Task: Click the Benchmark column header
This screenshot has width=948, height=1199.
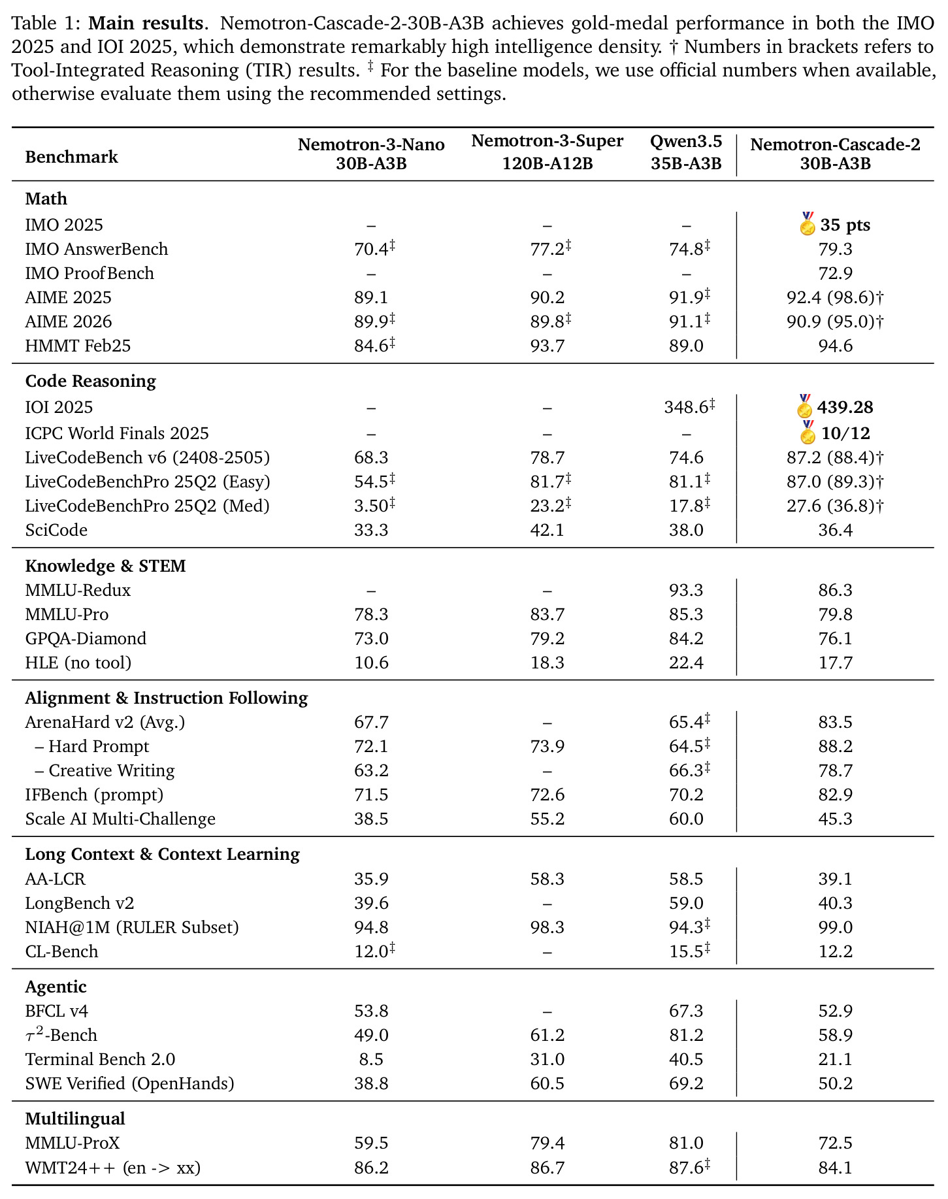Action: click(x=71, y=157)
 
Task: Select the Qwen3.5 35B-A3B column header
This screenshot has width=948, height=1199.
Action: click(x=686, y=152)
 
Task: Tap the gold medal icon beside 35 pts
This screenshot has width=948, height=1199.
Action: click(x=808, y=223)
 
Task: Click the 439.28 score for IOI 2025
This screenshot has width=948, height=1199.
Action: click(x=845, y=407)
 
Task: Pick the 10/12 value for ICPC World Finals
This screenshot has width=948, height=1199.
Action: click(x=845, y=433)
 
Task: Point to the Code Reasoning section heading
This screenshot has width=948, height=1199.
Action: click(x=90, y=381)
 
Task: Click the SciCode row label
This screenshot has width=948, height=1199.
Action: click(x=56, y=530)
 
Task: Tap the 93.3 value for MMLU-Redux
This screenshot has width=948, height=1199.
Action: click(x=686, y=590)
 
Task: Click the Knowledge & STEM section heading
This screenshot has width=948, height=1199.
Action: click(x=105, y=566)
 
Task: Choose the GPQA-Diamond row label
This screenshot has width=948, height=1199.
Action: click(x=86, y=638)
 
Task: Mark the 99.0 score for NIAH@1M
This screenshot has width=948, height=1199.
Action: click(x=835, y=927)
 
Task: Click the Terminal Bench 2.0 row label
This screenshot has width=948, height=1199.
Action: click(x=100, y=1059)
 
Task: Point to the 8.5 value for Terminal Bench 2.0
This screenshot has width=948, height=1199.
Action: click(x=371, y=1059)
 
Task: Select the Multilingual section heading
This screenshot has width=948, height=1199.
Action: click(x=74, y=1119)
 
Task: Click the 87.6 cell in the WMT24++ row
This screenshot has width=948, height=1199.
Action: click(x=689, y=1167)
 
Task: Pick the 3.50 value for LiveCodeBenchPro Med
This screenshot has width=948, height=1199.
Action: click(x=374, y=506)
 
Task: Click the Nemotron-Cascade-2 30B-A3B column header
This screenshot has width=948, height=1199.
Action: click(x=835, y=154)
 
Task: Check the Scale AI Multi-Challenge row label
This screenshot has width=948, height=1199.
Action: click(x=120, y=819)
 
